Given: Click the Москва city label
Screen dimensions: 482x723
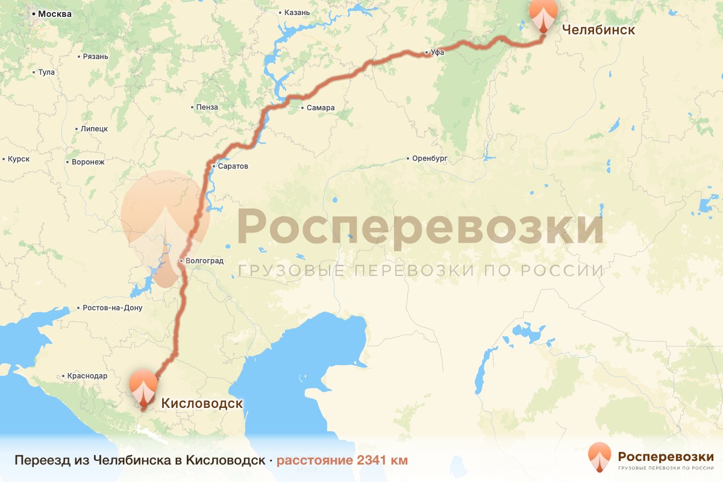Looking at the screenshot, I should pos(55,14).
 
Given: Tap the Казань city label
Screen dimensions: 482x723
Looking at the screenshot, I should pos(297,12).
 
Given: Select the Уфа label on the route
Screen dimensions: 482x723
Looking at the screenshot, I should pos(437,53).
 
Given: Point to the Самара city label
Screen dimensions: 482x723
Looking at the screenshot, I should pos(320,108).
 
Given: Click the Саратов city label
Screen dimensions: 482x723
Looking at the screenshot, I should pos(233,166).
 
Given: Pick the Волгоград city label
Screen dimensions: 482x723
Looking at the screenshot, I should pos(205,261).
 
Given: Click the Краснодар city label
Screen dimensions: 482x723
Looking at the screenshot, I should pos(87,375).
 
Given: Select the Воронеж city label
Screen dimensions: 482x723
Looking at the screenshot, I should pos(88,162).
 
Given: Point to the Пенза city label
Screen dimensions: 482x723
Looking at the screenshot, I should pos(207,107).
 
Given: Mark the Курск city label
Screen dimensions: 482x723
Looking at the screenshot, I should pos(19,159).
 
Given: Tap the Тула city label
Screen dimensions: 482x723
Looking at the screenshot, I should pos(46,72).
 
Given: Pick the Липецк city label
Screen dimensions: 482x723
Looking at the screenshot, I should pos(93,129).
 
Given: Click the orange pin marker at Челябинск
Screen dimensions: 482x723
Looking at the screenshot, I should pos(543,13).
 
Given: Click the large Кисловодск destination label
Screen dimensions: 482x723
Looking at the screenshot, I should pos(201,403).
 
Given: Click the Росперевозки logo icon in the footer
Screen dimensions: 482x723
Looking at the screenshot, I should pos(599,457).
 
